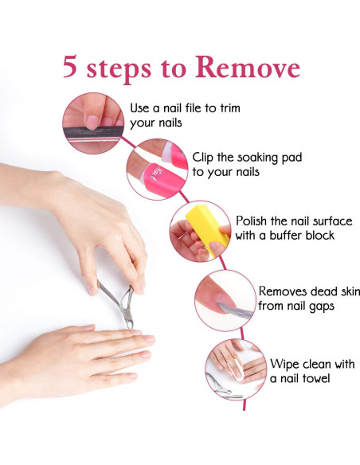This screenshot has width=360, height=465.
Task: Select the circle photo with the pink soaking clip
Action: (156, 168)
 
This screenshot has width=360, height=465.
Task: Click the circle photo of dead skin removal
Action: (225, 299)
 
